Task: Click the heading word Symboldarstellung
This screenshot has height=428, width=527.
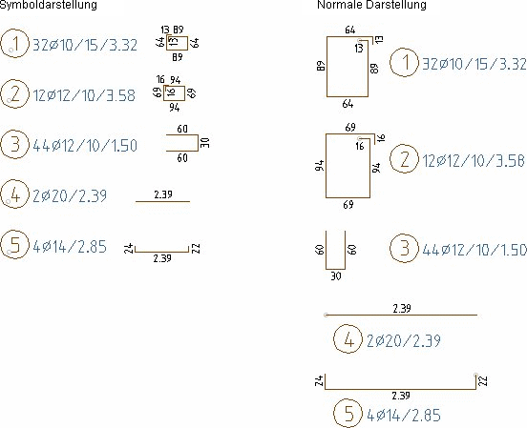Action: coord(49,5)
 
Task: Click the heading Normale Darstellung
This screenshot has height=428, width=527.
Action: coord(371,5)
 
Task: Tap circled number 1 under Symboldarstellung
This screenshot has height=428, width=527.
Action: coord(14,43)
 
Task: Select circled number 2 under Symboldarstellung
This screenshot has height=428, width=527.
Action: coord(14,93)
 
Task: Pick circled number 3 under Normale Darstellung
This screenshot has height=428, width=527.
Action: coord(405,249)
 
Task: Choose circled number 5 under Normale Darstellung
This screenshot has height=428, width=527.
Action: coord(348,413)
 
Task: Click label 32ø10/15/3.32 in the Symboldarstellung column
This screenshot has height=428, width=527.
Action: coord(85,45)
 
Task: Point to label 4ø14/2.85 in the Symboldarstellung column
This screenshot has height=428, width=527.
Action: coord(70,246)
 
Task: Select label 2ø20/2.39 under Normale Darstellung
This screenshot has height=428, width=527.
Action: coord(403,340)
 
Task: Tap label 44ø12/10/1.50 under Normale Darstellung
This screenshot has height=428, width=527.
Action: coord(474,250)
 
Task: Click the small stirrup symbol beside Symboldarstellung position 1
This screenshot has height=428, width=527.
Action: coord(178,36)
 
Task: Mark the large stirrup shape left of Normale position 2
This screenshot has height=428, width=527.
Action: coord(326,166)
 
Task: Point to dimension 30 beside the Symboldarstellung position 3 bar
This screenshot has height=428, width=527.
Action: coord(205,143)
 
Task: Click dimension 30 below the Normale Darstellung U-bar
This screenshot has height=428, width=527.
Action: coord(336,275)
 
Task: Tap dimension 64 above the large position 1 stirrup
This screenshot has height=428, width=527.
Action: coord(349,30)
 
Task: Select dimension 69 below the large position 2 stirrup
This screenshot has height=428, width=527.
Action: coord(348,204)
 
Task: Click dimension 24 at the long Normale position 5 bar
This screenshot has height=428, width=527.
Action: coord(319,380)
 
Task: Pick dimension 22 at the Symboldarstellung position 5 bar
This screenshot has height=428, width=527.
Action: coord(196,249)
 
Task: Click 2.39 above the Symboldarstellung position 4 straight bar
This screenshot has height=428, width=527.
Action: coord(163,194)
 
